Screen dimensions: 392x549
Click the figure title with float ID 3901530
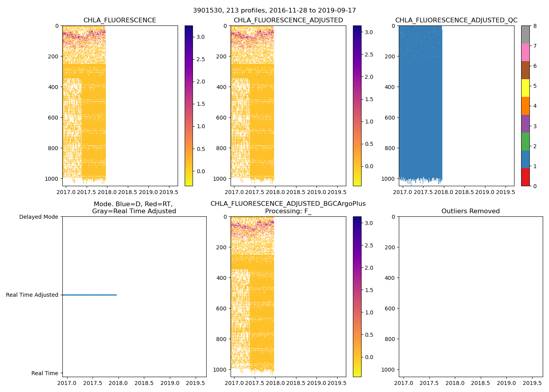point(274,11)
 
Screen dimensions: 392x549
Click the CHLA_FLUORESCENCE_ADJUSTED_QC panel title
point(456,20)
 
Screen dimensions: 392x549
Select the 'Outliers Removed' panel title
point(471,211)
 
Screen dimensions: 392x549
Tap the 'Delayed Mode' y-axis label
point(38,217)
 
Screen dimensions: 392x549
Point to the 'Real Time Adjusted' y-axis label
point(32,295)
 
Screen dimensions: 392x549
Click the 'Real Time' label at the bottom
point(45,374)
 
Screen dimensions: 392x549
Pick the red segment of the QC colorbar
point(525,177)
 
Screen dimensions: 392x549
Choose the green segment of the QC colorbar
point(525,142)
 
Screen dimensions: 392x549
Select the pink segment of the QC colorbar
point(525,53)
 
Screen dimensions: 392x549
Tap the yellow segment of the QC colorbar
point(525,88)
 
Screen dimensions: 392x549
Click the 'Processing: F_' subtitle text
point(288,211)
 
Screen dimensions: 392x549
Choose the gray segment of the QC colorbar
point(525,34)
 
